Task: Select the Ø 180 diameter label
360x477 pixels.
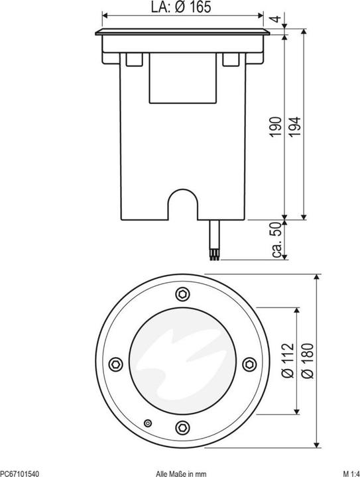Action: [x=306, y=362]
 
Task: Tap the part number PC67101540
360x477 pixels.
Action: [x=19, y=473]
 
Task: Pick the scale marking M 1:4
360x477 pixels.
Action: [x=350, y=473]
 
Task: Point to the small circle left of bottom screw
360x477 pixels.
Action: [x=149, y=423]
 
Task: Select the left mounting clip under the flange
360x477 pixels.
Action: [x=132, y=60]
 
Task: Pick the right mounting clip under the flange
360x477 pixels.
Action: [x=231, y=60]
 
